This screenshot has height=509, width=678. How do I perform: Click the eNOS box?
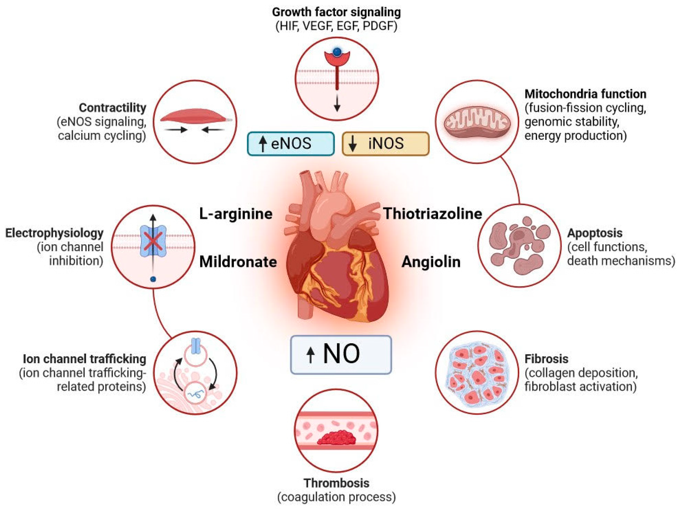pyautogui.click(x=291, y=144)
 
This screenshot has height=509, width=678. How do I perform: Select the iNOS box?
pyautogui.click(x=385, y=144)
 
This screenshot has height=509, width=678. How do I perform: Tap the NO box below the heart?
pyautogui.click(x=341, y=355)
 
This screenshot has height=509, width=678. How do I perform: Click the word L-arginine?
pyautogui.click(x=236, y=214)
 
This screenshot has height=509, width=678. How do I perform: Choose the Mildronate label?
pyautogui.click(x=238, y=262)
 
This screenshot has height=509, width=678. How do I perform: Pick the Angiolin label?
pyautogui.click(x=431, y=262)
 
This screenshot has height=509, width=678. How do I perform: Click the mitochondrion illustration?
pyautogui.click(x=477, y=122)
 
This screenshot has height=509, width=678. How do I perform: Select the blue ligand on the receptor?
pyautogui.click(x=337, y=52)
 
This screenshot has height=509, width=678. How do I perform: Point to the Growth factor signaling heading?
pyautogui.click(x=336, y=12)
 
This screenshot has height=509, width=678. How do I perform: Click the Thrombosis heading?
pyautogui.click(x=336, y=483)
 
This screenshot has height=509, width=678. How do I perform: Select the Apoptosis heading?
pyautogui.click(x=595, y=233)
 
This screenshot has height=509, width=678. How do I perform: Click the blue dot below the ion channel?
pyautogui.click(x=153, y=279)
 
